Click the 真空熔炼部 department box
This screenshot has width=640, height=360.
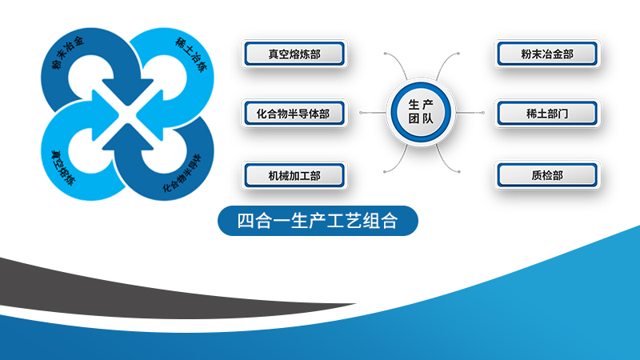294,54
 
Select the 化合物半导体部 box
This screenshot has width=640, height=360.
294,113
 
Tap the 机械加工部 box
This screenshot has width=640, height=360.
294,175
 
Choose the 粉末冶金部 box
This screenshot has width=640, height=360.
547,54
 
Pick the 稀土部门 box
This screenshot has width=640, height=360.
547,113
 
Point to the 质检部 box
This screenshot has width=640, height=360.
547,175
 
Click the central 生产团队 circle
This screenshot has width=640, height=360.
421,112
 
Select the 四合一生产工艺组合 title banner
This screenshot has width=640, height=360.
318,221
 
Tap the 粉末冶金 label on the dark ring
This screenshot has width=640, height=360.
68,52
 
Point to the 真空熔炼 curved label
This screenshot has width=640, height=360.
63,167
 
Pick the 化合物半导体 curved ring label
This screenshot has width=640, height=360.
182,173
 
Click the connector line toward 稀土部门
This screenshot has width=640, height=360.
470,112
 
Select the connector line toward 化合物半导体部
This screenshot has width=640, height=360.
373,112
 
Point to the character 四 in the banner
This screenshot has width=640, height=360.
246,221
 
